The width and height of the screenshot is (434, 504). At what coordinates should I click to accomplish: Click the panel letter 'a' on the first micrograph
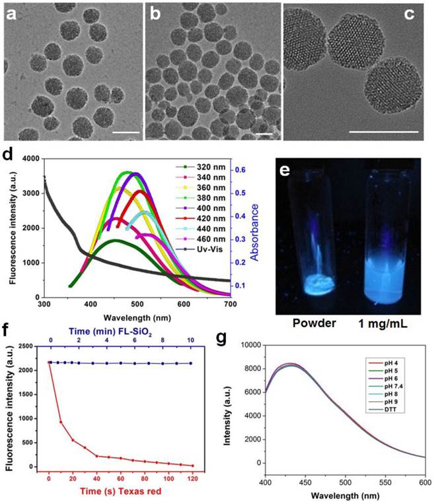[12, 15]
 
